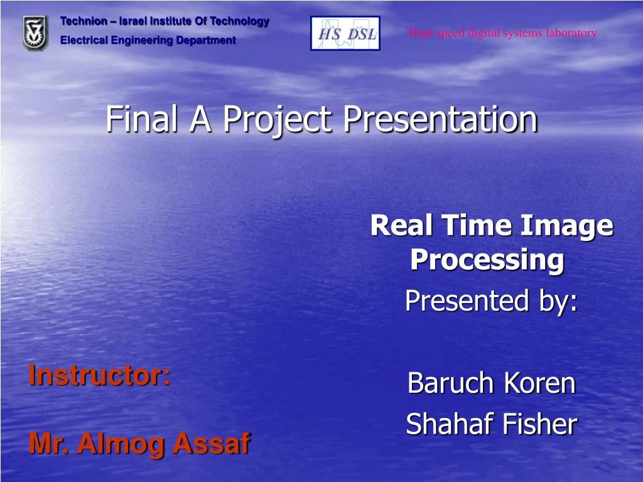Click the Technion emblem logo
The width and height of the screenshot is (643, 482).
coord(35,33)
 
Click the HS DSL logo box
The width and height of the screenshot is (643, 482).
coord(345,33)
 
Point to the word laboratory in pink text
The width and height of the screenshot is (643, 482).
coord(571,33)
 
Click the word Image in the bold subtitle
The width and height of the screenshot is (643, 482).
coord(571,225)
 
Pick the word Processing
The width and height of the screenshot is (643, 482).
coord(487,259)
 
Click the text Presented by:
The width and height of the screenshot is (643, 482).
coord(491,301)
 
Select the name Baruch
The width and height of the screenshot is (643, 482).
coord(447,383)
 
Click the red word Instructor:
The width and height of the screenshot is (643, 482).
coord(99,375)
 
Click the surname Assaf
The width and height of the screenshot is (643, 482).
coord(211,444)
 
